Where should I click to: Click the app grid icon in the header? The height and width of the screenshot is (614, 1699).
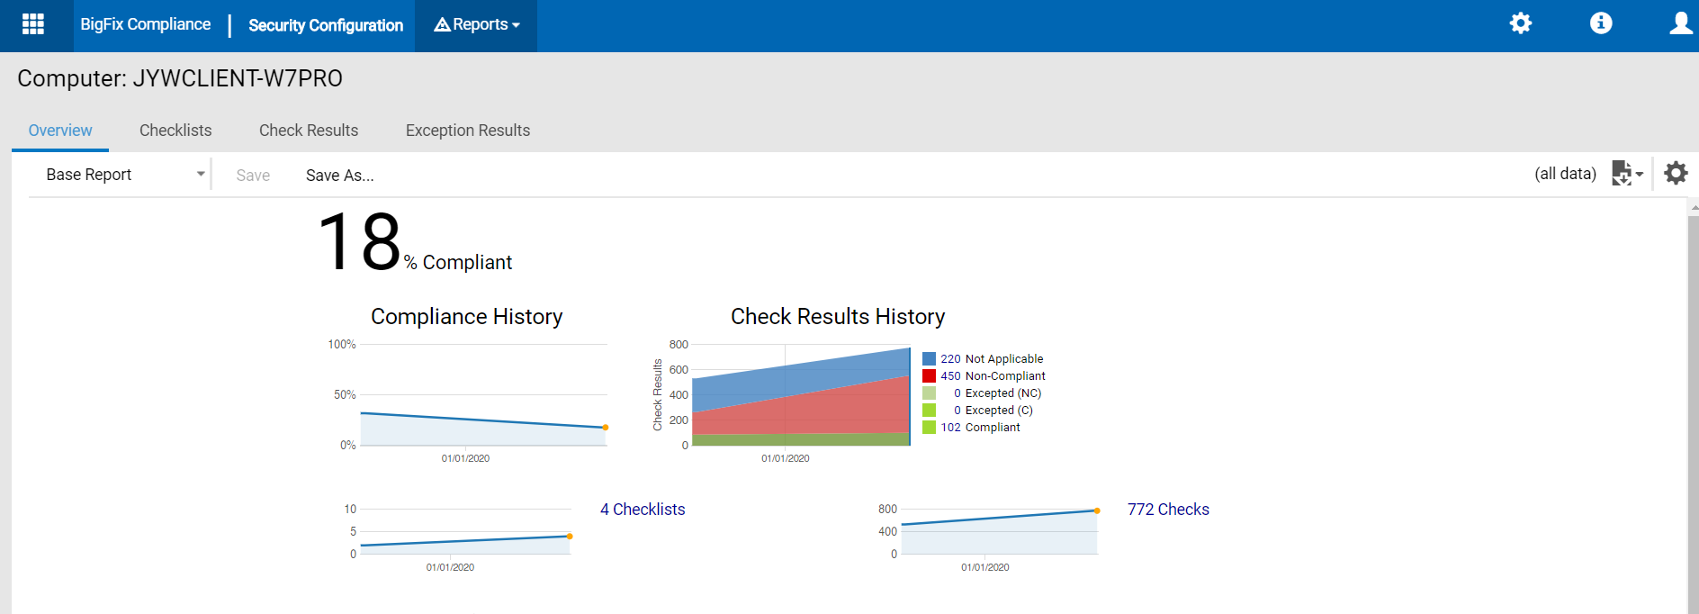click(x=33, y=24)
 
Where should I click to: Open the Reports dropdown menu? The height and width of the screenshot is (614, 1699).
click(x=476, y=25)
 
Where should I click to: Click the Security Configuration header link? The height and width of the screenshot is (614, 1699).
click(x=326, y=25)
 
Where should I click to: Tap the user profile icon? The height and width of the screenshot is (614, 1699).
click(x=1680, y=23)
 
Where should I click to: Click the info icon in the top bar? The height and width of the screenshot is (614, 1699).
click(x=1601, y=23)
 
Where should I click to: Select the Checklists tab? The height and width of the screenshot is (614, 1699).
click(x=175, y=131)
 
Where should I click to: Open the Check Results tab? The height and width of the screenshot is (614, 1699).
click(x=309, y=131)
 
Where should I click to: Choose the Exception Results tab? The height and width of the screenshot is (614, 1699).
click(x=468, y=131)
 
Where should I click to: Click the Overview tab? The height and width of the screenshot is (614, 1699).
click(x=60, y=131)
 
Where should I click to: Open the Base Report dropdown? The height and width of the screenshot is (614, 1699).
click(x=124, y=175)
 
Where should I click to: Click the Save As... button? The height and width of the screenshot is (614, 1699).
click(x=339, y=176)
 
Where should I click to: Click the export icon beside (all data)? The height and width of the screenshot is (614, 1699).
click(x=1626, y=174)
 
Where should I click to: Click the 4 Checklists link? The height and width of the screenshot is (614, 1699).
click(x=643, y=510)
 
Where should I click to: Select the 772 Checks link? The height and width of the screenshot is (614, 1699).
click(x=1168, y=510)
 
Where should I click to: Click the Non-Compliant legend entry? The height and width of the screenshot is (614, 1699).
click(x=993, y=376)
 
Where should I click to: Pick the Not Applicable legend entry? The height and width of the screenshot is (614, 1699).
click(x=992, y=359)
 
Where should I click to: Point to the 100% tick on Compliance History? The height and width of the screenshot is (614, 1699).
click(x=342, y=345)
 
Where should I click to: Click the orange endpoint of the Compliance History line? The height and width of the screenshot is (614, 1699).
click(x=606, y=428)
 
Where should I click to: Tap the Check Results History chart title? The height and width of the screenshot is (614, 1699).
click(x=838, y=317)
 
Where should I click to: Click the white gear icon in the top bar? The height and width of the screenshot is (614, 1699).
click(x=1521, y=23)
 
